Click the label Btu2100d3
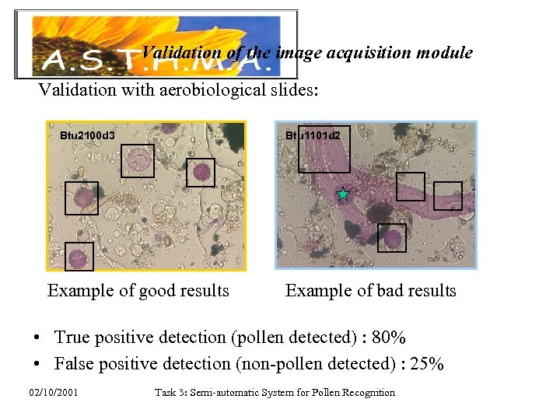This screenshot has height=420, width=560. (88, 135)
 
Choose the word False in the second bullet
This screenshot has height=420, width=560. (75, 363)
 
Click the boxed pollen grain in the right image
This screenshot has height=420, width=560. (392, 238)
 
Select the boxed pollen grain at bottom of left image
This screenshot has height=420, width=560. (79, 257)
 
